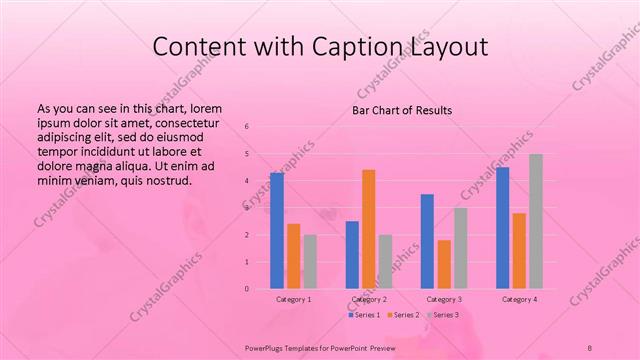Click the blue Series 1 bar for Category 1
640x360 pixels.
(x=277, y=231)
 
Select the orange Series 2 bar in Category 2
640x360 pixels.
(x=368, y=229)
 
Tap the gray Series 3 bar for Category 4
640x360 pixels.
(x=536, y=221)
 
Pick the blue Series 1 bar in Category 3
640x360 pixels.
(x=427, y=241)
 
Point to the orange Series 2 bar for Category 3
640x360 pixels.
(x=444, y=264)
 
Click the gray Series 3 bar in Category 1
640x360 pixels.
(x=310, y=261)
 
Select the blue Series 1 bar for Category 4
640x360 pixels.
(x=502, y=228)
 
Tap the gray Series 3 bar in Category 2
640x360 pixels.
(x=385, y=261)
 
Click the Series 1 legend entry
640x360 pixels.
(x=365, y=315)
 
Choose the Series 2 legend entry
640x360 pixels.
(x=403, y=315)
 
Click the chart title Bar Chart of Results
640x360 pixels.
(x=403, y=110)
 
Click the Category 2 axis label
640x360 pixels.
(x=369, y=299)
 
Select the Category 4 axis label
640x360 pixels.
(x=519, y=299)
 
